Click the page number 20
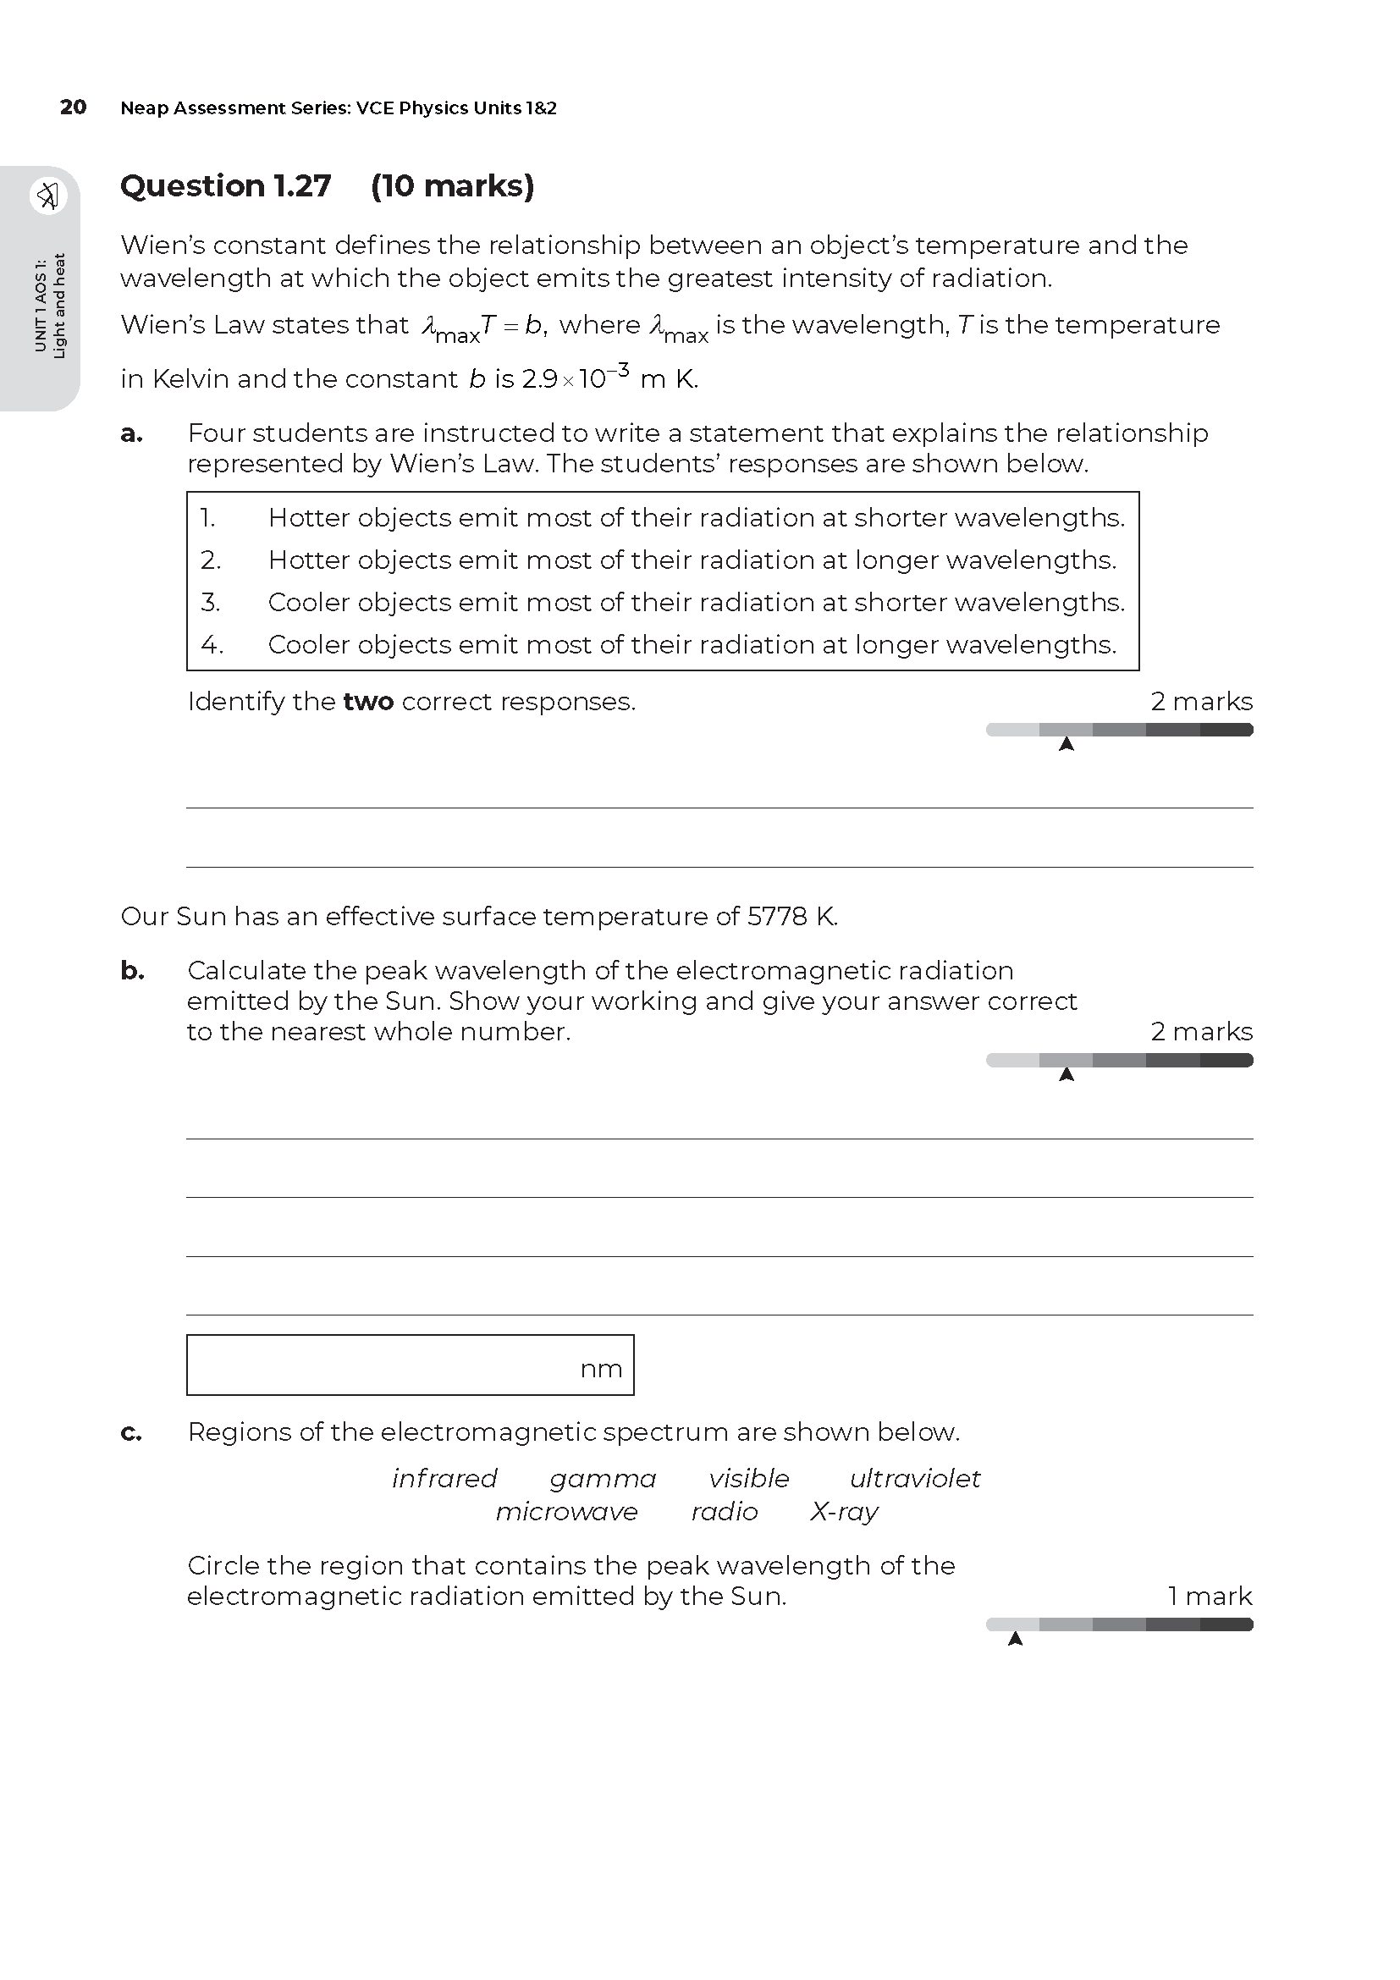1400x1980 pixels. point(74,108)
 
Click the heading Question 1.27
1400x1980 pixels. point(226,186)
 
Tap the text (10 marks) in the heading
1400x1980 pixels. point(453,186)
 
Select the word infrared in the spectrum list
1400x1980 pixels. point(444,1478)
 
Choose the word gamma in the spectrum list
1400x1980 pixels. point(603,1478)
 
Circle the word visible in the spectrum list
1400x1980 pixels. point(748,1478)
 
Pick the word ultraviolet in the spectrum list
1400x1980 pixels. point(915,1478)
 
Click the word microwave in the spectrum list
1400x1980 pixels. point(566,1511)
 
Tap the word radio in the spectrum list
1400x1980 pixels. point(725,1511)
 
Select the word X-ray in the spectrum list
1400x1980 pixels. point(844,1511)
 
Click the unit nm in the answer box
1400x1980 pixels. point(601,1369)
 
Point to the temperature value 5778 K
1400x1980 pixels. point(791,916)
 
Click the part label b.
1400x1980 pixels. point(132,971)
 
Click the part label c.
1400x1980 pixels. point(131,1432)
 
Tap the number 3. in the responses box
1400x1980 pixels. point(211,602)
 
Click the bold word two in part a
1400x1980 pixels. point(368,702)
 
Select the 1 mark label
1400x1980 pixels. point(1210,1597)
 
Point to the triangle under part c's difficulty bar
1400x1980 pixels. point(1016,1639)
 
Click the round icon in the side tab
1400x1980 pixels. point(48,196)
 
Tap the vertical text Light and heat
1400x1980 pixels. point(59,306)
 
